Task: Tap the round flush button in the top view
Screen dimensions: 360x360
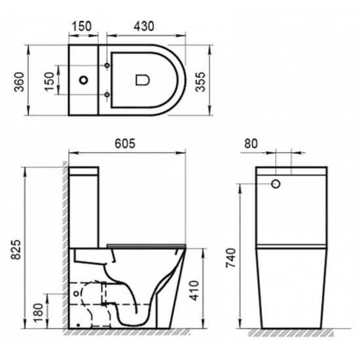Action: (x=83, y=81)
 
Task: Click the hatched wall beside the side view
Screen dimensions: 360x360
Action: (x=65, y=249)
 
